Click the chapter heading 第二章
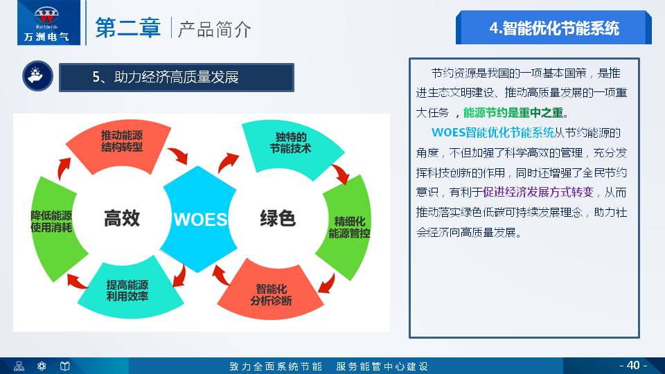(128, 28)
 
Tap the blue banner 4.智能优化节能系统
(553, 28)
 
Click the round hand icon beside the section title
(35, 77)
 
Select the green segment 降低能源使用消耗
(51, 221)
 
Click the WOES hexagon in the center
(199, 220)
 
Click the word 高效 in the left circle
(122, 218)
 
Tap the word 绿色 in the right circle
(278, 218)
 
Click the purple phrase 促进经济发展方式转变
(538, 192)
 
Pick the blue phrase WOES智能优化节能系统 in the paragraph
(493, 132)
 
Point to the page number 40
(632, 365)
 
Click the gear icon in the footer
(42, 366)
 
